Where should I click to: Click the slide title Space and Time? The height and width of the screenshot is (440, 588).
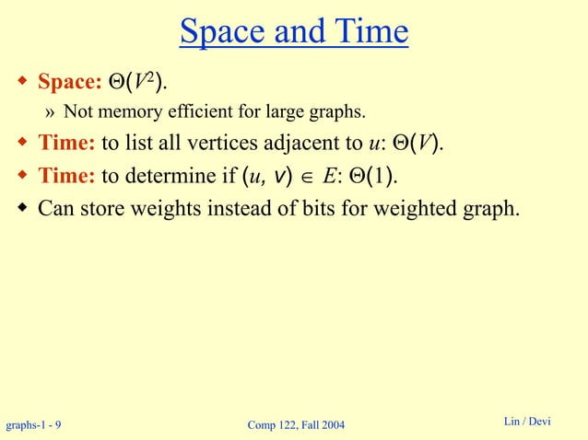294,33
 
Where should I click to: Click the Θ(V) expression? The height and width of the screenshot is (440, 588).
410,144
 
